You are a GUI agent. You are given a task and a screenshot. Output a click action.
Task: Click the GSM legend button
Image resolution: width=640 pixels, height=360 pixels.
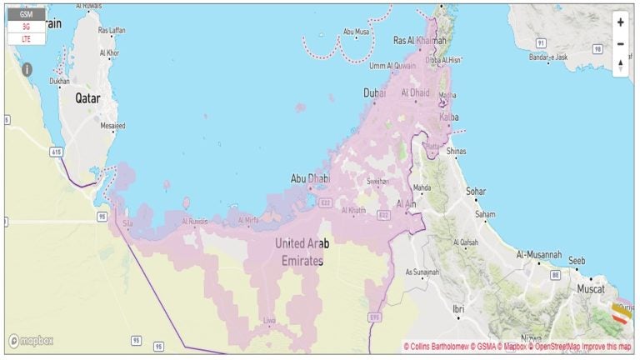(x=26, y=14)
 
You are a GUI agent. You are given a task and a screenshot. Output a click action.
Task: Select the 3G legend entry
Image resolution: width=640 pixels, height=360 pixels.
(x=26, y=27)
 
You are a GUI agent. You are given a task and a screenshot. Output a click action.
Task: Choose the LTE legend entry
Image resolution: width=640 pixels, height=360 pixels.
(x=26, y=38)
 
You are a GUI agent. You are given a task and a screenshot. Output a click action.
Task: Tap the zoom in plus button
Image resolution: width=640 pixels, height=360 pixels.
(x=620, y=22)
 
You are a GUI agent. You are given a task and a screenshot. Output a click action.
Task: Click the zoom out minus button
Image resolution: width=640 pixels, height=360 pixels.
(x=620, y=43)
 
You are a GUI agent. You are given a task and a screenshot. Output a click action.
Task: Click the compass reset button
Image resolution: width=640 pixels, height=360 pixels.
(x=620, y=65)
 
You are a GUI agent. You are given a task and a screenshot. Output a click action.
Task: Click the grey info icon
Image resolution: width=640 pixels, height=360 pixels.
(x=27, y=69)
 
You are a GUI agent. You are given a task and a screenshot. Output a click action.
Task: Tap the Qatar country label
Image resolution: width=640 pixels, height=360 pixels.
(x=87, y=98)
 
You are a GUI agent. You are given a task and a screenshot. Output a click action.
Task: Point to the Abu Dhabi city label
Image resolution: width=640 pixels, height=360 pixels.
(x=307, y=178)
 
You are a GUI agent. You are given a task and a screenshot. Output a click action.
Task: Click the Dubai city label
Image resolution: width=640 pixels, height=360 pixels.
(x=375, y=93)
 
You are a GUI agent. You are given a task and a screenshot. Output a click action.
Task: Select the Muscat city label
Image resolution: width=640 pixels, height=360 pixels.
(x=592, y=289)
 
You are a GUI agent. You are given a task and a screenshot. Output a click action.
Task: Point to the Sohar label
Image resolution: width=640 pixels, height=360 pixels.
(x=476, y=192)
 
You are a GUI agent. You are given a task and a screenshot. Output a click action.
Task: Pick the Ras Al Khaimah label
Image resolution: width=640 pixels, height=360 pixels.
(x=420, y=40)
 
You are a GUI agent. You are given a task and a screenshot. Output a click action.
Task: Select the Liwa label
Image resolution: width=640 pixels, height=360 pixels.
(x=269, y=320)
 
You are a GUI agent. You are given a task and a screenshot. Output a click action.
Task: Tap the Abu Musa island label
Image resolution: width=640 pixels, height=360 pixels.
(x=357, y=32)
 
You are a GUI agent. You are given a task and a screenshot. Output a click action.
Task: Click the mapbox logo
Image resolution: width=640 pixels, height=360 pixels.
(x=31, y=342)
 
